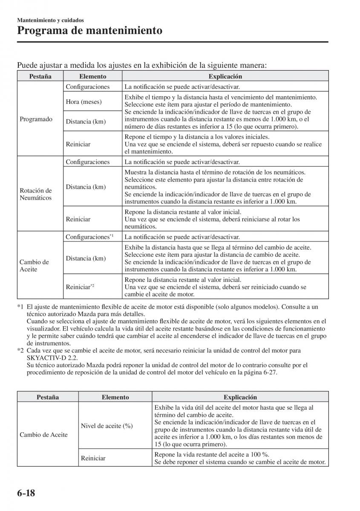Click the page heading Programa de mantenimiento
89,31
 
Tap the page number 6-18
26,494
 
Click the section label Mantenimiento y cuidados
50,20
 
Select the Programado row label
36,119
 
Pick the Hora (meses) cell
84,102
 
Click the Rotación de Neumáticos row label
36,194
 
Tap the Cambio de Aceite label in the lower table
44,435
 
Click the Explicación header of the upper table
225,77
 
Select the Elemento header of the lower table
115,397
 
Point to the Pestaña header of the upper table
40,77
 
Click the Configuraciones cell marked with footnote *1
89,237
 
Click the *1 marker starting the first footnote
20,307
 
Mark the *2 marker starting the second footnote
20,350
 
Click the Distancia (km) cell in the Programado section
86,122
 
